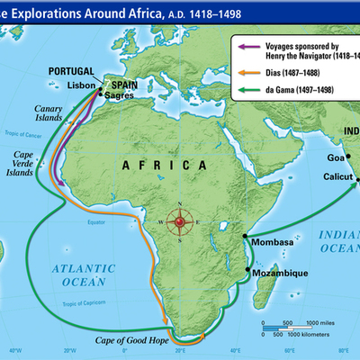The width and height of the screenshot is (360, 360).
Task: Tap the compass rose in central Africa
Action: click(x=183, y=221)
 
